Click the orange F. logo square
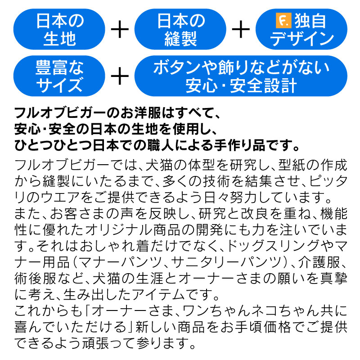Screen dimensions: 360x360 [x=283, y=21]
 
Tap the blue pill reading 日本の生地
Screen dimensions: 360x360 [x=59, y=29]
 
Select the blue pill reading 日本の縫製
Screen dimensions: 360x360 [x=180, y=29]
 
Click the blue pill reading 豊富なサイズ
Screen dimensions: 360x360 [x=59, y=76]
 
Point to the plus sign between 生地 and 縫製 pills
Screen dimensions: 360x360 [x=120, y=29]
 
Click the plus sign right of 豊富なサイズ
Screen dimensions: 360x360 [x=120, y=76]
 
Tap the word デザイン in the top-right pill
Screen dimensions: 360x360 [x=301, y=38]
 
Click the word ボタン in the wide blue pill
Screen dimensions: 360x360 [x=177, y=68]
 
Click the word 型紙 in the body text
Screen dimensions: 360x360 [x=292, y=165]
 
